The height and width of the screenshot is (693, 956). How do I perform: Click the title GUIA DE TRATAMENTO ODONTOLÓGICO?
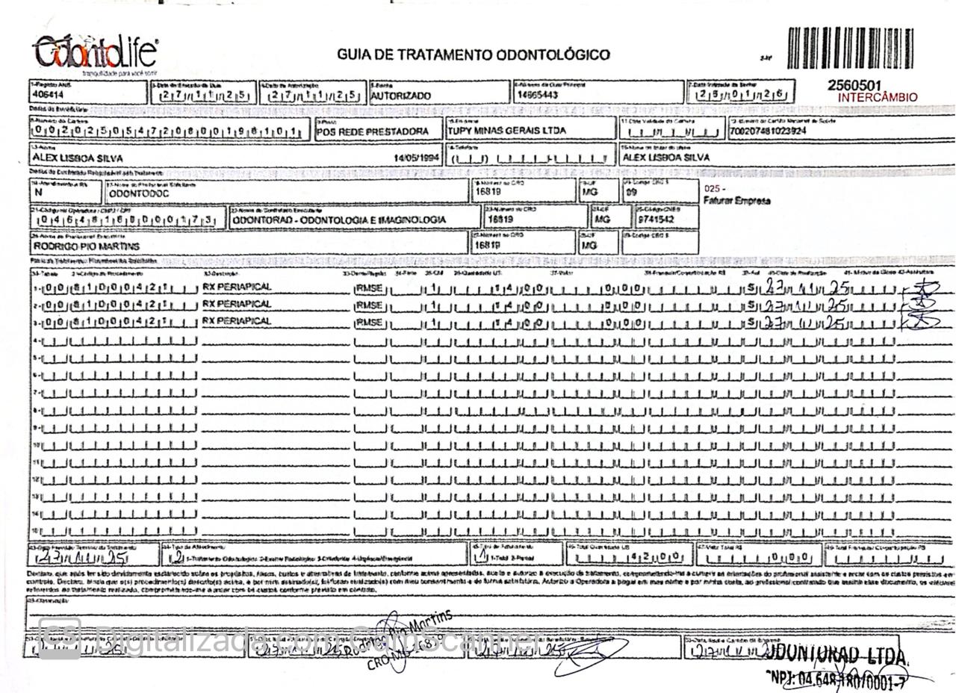coord(473,55)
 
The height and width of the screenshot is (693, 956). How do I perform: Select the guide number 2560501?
coord(854,85)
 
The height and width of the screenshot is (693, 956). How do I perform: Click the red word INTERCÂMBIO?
coord(878,97)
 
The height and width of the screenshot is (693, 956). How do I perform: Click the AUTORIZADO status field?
coord(401,96)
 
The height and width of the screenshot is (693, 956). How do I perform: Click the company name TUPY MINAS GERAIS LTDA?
coord(506,131)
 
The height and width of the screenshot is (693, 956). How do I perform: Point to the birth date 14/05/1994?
coord(416,158)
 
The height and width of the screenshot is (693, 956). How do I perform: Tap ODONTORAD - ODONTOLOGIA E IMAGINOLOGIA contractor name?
coord(338,220)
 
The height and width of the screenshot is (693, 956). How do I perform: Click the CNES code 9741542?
coord(656,220)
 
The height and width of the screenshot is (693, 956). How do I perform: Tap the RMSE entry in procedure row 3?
coord(370,323)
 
